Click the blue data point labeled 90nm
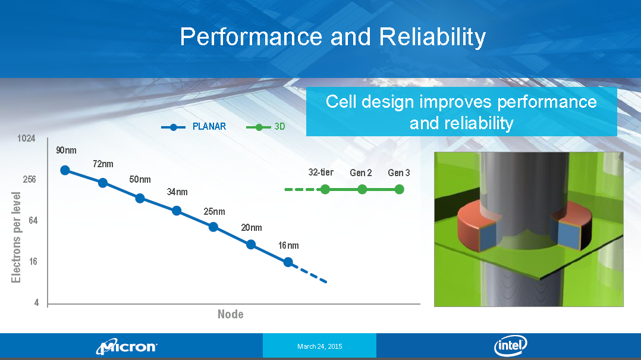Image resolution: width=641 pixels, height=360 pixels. tap(65, 170)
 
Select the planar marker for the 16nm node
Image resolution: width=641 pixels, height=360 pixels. tap(288, 262)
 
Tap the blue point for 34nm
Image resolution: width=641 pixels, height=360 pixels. tap(177, 211)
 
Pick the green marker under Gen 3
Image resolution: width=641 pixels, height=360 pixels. tap(400, 189)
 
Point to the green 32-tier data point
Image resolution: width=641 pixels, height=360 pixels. tap(325, 189)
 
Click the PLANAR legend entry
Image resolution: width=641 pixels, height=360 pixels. tap(194, 127)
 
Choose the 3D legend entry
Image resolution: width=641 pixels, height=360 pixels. tap(266, 127)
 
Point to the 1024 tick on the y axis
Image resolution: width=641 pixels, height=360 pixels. tap(26, 138)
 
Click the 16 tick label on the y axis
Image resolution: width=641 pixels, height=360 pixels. tap(33, 261)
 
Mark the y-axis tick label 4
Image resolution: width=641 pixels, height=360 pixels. tap(36, 303)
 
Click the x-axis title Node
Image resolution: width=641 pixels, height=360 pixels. tap(231, 314)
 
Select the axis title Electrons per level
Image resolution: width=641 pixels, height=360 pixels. tap(16, 237)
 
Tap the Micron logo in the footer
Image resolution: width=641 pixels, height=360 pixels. tap(127, 346)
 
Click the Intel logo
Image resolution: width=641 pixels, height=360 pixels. tap(511, 346)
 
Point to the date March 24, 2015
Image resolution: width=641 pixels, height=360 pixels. tap(320, 346)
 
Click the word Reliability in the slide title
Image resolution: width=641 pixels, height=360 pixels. tap(432, 37)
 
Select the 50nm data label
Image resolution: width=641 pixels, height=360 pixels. tap(140, 180)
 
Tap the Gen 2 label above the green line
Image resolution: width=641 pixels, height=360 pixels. tap(360, 173)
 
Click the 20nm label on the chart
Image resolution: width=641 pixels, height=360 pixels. tap(252, 228)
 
